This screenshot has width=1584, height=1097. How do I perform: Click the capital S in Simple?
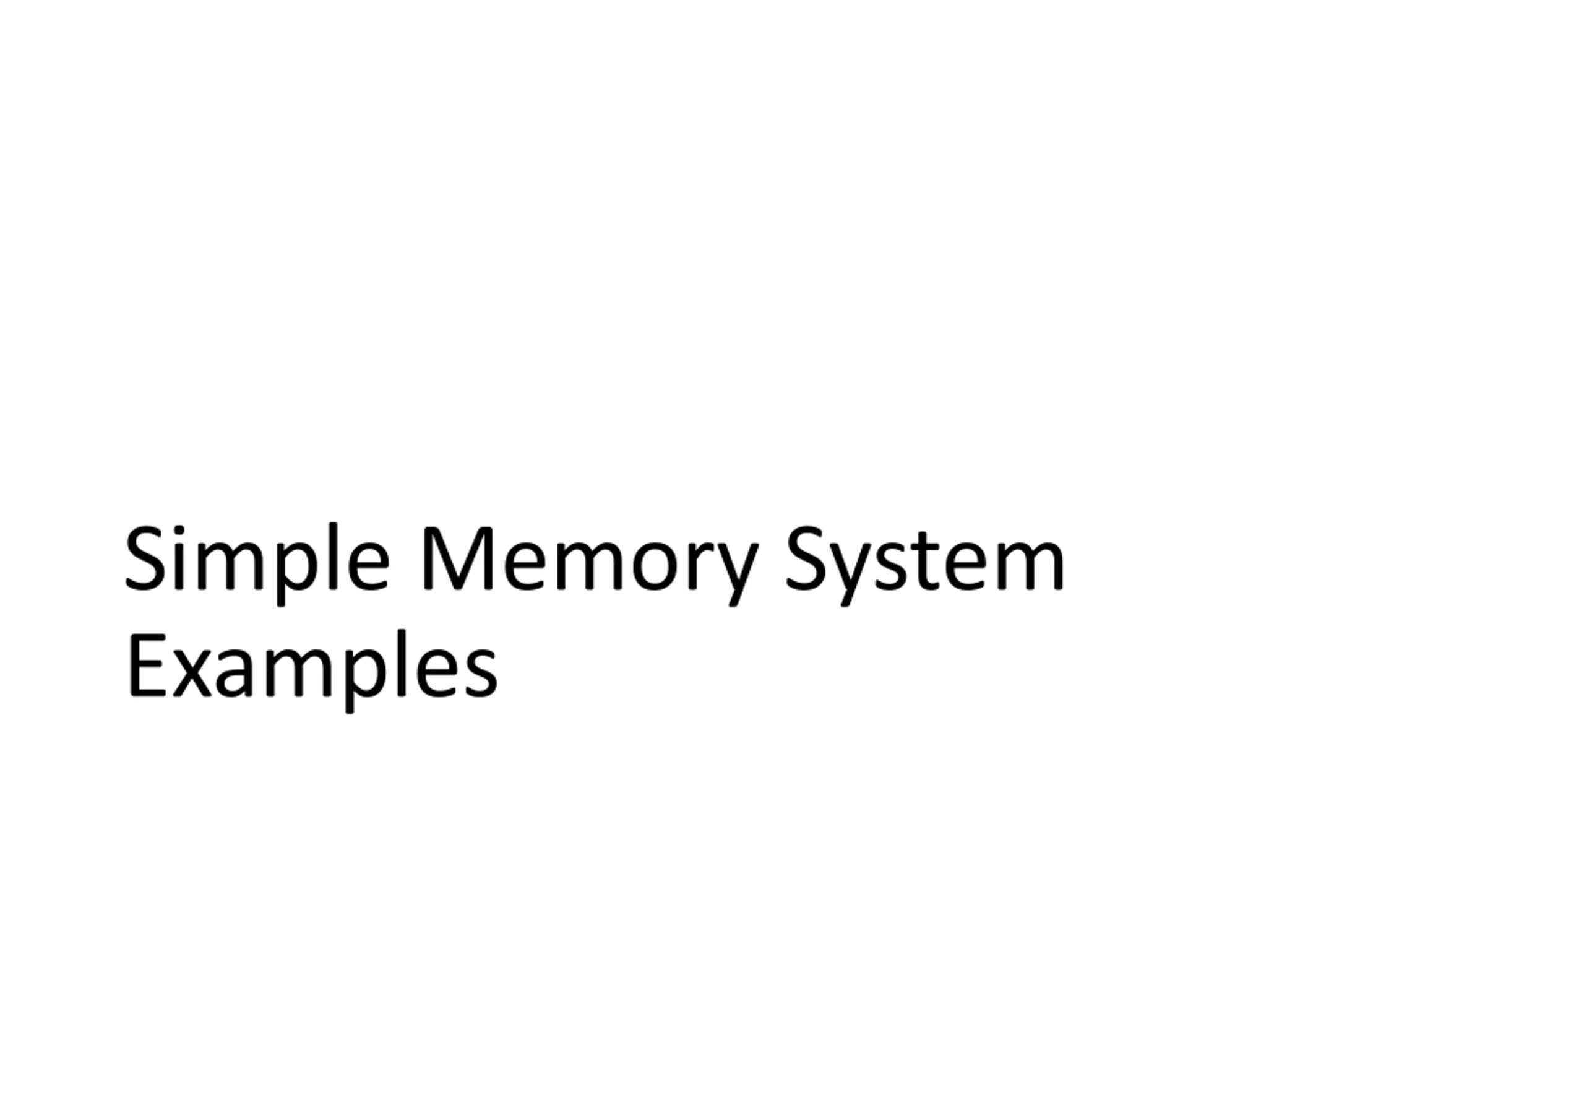tap(145, 558)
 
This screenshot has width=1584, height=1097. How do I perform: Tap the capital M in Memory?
tap(458, 558)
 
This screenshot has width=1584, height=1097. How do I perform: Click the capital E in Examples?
tap(146, 665)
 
